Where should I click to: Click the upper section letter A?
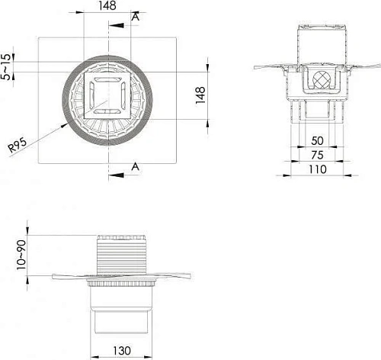(135, 16)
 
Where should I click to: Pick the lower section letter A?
(135, 166)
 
